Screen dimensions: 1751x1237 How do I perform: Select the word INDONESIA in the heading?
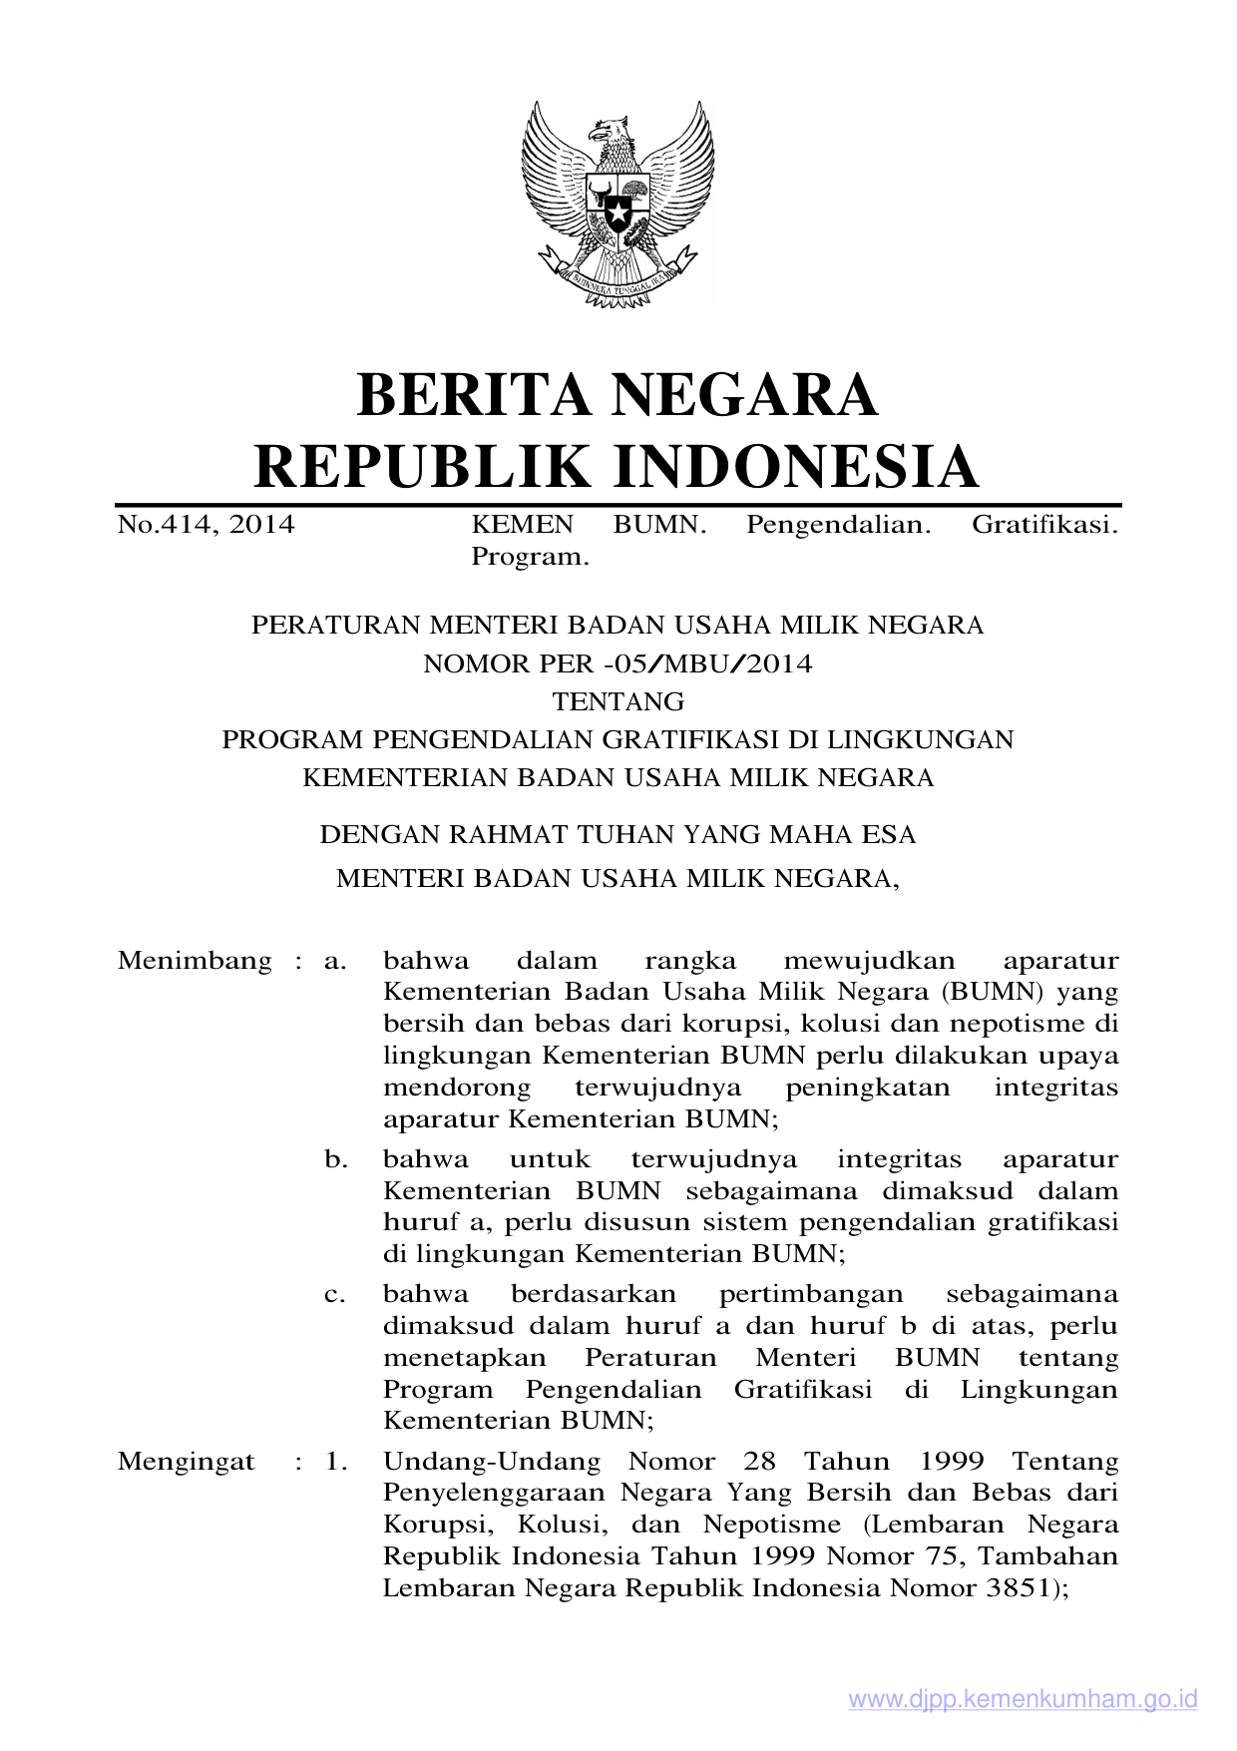coord(794,467)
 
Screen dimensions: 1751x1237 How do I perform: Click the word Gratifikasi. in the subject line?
coord(1044,525)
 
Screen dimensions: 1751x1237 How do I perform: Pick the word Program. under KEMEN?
coord(530,557)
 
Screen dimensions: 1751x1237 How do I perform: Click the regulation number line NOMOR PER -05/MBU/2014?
coord(618,663)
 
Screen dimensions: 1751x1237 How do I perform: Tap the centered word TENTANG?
coord(618,701)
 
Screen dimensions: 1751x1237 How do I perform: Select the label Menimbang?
coord(195,961)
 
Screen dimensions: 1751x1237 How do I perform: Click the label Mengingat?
coord(187,1462)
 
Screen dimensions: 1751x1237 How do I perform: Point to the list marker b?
coord(335,1159)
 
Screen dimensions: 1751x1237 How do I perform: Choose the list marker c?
coord(335,1295)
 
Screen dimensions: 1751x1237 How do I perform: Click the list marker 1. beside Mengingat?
coord(336,1462)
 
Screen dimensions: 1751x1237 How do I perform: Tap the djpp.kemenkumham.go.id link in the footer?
coord(1023,1699)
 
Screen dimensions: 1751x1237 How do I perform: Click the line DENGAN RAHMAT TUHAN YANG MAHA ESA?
coord(618,834)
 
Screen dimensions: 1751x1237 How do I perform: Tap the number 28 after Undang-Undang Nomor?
coord(759,1462)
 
